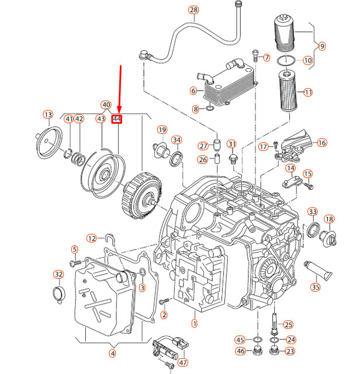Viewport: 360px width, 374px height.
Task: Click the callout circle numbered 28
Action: (193, 9)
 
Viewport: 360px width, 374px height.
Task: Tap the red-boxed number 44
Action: (117, 119)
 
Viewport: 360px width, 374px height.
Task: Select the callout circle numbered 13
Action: (48, 114)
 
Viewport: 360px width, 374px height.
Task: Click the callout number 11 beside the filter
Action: (308, 92)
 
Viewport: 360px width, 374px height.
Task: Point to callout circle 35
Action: (316, 287)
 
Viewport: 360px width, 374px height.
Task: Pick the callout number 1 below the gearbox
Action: (194, 323)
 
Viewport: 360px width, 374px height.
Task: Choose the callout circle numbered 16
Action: (321, 143)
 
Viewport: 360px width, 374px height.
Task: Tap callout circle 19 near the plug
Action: (162, 129)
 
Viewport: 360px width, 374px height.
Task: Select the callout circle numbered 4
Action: (112, 353)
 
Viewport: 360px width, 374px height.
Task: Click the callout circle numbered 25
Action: (288, 324)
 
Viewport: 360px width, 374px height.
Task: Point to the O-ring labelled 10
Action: (285, 60)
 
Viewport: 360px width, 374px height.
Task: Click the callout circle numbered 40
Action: (106, 105)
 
